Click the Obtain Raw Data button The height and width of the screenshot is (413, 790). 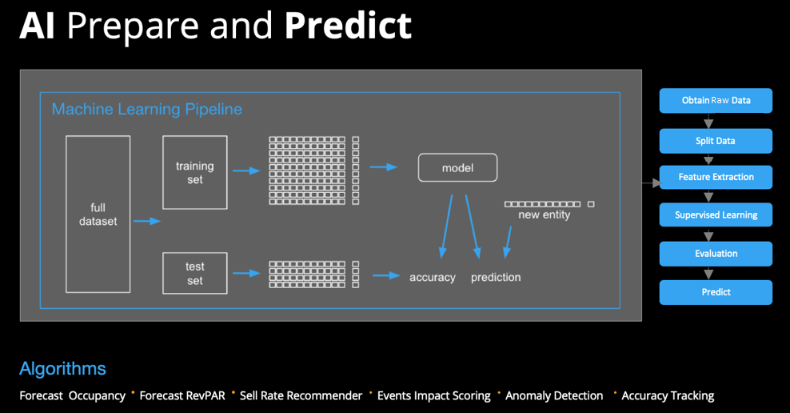[716, 100]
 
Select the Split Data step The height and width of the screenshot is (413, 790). [716, 141]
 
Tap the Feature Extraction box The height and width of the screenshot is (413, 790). [716, 177]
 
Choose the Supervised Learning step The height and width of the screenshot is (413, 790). [716, 215]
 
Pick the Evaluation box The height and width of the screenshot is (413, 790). [716, 254]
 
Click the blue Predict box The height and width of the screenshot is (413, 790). [716, 292]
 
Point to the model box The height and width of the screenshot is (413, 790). [457, 168]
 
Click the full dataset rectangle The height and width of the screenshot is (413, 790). [98, 215]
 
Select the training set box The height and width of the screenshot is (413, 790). [195, 172]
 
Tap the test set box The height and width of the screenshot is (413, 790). [195, 273]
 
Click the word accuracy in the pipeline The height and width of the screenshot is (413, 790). [433, 278]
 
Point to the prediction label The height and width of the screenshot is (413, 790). [496, 278]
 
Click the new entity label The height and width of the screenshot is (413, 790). [545, 215]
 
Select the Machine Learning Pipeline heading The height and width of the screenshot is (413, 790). [146, 110]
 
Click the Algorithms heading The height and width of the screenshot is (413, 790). [62, 369]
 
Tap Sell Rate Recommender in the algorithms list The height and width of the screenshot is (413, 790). [301, 396]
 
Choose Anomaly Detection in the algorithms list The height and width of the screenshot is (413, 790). [554, 396]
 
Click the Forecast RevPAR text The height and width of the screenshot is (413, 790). [182, 396]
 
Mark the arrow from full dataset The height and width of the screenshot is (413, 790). [146, 221]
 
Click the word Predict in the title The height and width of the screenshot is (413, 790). [348, 26]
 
